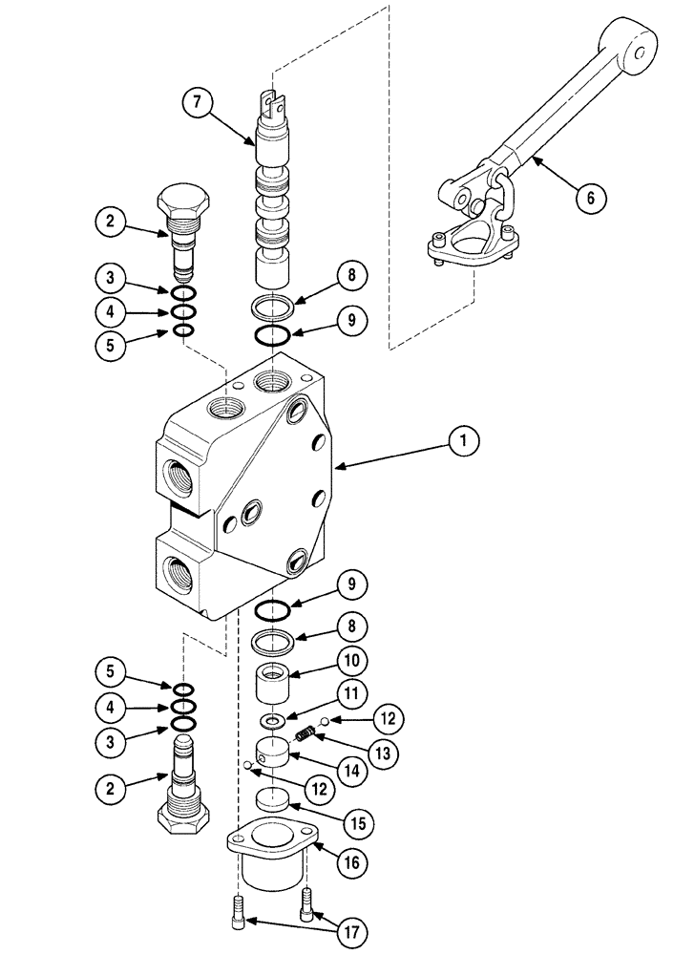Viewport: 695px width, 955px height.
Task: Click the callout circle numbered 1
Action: [x=464, y=441]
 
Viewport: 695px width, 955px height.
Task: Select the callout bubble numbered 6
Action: [x=591, y=199]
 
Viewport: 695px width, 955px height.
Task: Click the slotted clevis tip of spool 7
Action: [x=278, y=98]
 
